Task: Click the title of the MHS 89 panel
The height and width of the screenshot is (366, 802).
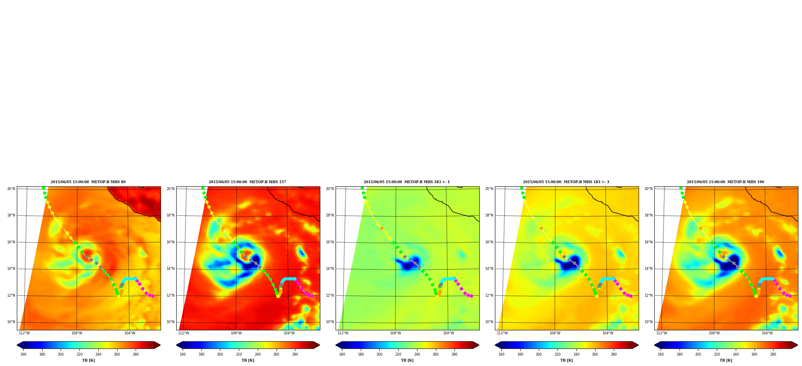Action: point(88,182)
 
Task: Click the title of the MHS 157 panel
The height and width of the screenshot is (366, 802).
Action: point(247,182)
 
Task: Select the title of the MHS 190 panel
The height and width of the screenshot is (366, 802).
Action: point(725,182)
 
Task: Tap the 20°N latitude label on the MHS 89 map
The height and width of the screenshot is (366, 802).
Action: point(11,189)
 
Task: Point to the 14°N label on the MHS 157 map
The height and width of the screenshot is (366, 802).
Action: point(170,269)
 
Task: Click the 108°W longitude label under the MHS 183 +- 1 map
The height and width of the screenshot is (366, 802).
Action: point(395,333)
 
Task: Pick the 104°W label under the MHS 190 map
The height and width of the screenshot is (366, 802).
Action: point(767,333)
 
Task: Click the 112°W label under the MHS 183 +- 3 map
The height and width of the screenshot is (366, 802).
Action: point(502,333)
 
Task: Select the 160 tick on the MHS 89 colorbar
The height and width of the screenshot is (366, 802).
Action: point(23,354)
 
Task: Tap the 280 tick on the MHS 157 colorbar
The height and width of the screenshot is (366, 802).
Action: point(295,354)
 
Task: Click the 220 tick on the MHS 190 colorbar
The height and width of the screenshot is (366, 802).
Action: point(717,354)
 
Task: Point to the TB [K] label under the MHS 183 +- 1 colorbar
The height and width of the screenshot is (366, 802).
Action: point(407,360)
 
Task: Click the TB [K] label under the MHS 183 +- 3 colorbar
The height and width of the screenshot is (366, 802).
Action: point(566,360)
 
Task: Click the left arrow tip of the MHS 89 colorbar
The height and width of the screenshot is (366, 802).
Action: point(17,345)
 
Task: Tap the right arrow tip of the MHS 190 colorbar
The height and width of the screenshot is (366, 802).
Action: point(798,345)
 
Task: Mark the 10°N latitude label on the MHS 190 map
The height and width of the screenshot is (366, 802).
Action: point(648,322)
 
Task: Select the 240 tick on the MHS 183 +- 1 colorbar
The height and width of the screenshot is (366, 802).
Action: point(417,354)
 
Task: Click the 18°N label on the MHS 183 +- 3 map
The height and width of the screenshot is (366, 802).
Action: point(489,215)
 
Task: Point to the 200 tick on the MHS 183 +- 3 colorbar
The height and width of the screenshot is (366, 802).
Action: point(539,354)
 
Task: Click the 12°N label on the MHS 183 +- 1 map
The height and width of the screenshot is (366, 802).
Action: point(330,295)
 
